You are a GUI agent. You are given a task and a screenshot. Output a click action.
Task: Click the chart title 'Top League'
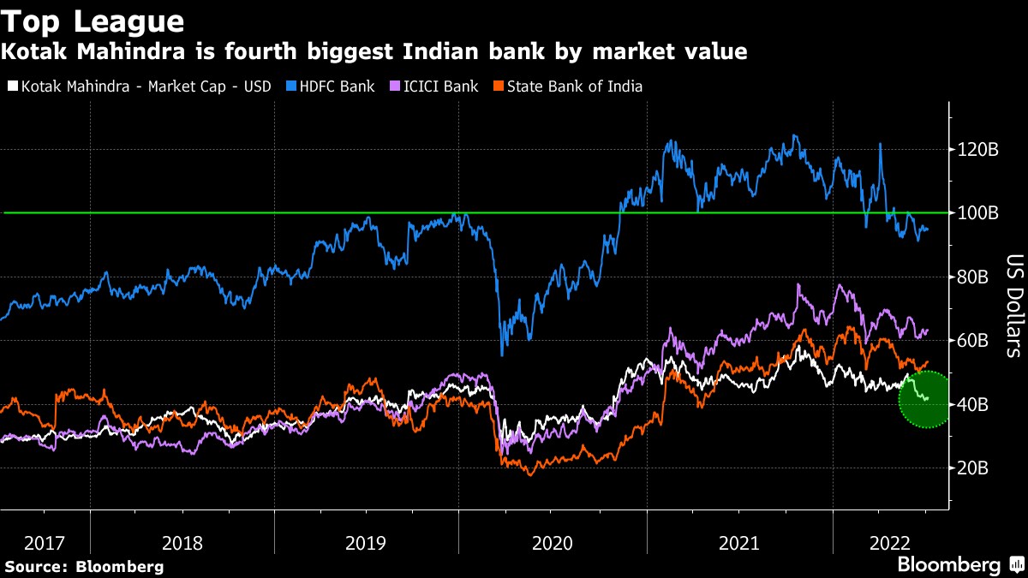tap(93, 21)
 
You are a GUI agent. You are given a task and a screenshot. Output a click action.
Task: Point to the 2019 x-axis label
tap(366, 542)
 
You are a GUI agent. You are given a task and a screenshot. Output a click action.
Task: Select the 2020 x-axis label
tap(552, 542)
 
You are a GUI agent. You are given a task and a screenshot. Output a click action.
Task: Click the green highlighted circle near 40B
tap(924, 399)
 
